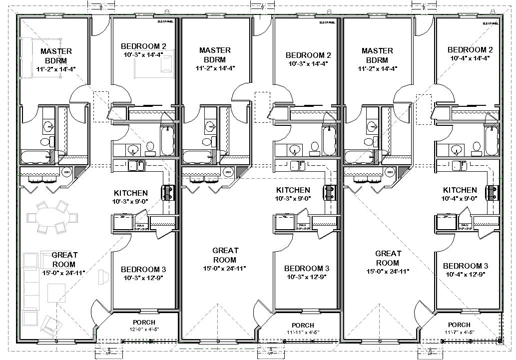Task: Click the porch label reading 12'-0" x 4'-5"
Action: [x=144, y=330]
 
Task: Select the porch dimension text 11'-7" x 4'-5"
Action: [x=459, y=332]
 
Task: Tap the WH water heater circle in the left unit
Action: [x=66, y=172]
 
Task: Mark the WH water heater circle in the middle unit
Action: [x=228, y=172]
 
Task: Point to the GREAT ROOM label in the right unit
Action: [x=388, y=258]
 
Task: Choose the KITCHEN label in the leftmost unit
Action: [x=130, y=193]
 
